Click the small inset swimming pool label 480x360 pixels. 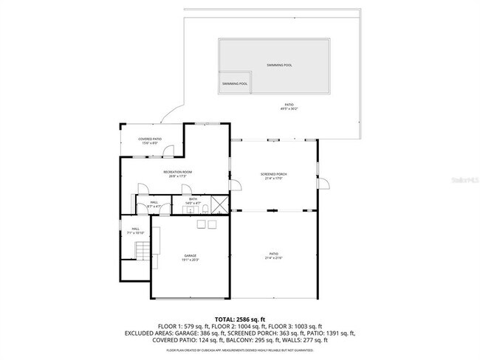tap(234, 84)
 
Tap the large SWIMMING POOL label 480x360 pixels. tap(279, 65)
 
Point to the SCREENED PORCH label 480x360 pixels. tap(274, 176)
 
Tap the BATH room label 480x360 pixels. tap(193, 200)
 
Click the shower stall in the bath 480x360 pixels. tap(219, 204)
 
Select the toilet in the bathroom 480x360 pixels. tap(200, 210)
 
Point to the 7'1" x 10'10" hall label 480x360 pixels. tap(135, 231)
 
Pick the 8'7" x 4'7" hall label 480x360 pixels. tap(154, 204)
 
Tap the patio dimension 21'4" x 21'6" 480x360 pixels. tap(273, 257)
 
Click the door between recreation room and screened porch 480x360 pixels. tap(233, 189)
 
